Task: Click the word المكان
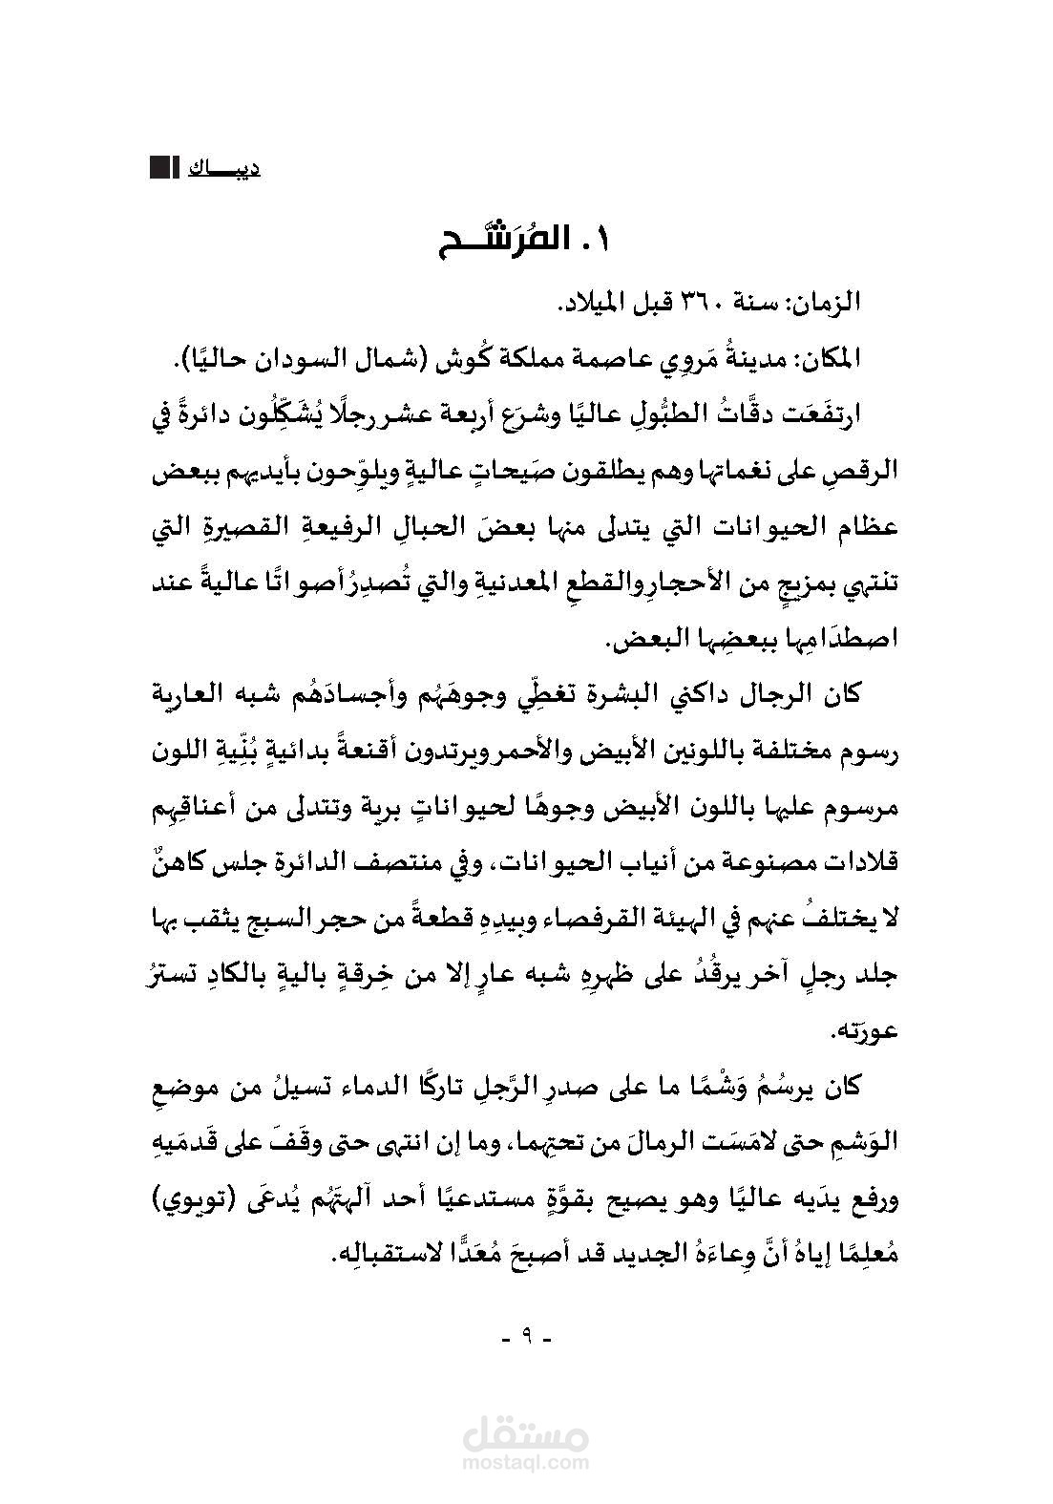pos(827,360)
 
